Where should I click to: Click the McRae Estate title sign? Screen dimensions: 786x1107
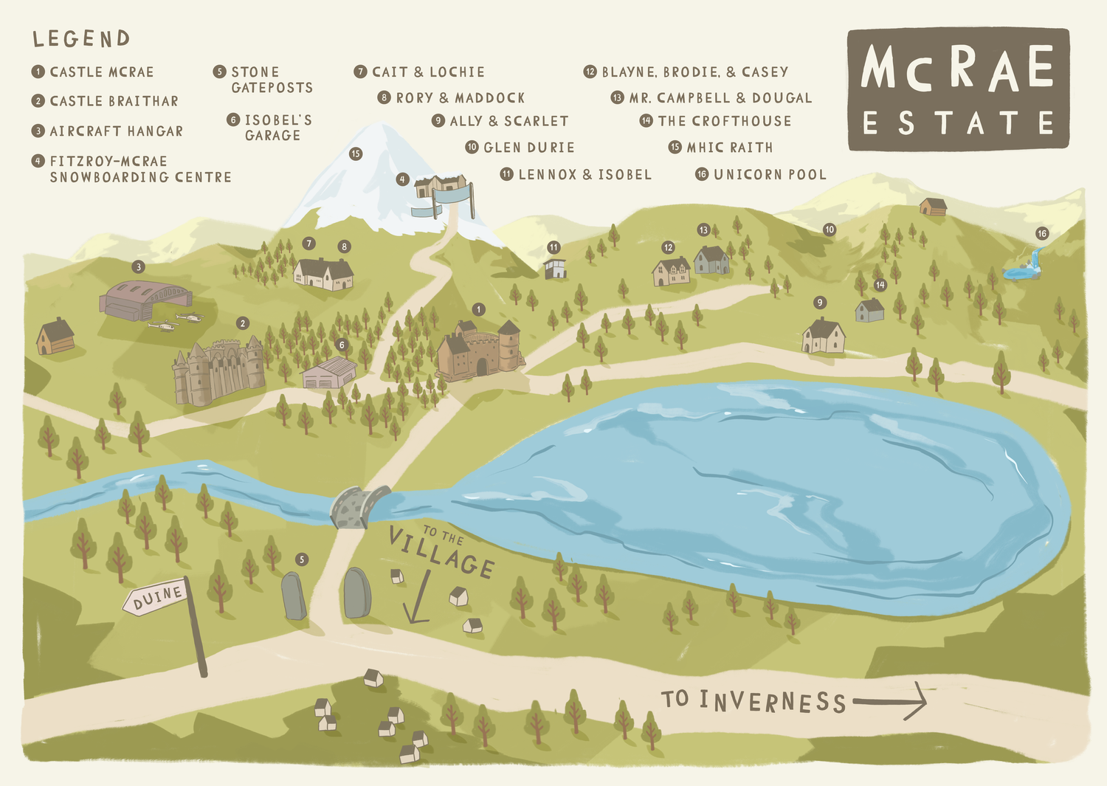point(958,89)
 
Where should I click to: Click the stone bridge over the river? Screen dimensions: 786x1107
point(359,506)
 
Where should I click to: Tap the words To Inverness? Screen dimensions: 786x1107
point(753,700)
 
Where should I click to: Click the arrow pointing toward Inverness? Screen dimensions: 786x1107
point(890,700)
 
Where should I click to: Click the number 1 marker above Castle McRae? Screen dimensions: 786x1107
point(479,309)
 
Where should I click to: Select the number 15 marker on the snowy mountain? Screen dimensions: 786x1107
point(356,154)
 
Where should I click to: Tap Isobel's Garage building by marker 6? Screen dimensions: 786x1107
point(329,373)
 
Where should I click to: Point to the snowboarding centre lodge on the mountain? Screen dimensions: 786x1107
point(441,186)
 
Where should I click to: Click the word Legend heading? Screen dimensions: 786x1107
point(81,38)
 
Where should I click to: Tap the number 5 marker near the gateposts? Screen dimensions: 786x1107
point(301,559)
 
